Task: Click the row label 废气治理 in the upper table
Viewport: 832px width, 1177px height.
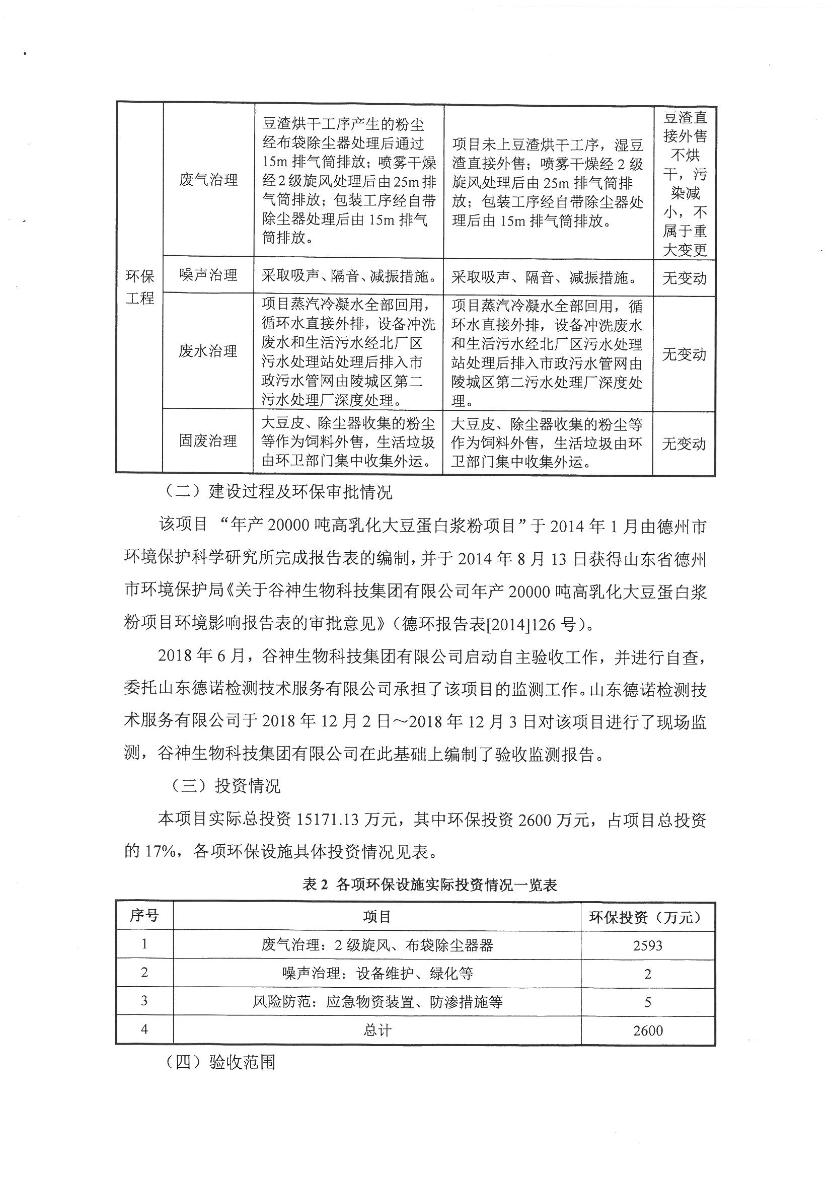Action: (x=208, y=180)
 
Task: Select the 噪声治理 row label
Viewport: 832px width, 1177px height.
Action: (x=208, y=275)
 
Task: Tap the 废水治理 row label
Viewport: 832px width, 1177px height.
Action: (x=208, y=351)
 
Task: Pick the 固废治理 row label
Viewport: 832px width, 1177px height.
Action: (x=208, y=441)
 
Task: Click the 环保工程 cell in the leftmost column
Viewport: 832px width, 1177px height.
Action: (x=139, y=287)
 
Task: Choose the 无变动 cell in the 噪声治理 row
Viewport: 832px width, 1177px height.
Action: (x=684, y=278)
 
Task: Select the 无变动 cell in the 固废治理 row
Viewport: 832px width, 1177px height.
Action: (x=684, y=444)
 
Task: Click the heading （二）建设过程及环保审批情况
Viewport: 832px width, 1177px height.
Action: (x=279, y=492)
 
